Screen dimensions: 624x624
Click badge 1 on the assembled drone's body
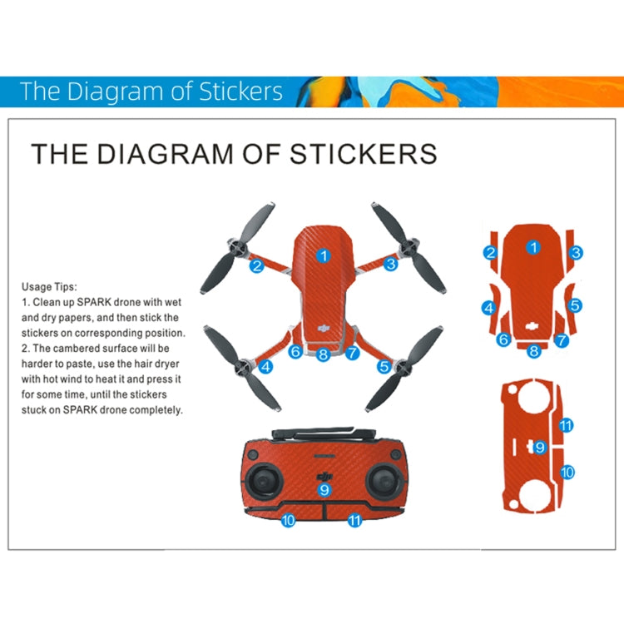point(324,256)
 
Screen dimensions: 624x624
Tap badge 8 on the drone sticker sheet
point(533,351)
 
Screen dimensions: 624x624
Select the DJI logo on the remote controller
point(324,477)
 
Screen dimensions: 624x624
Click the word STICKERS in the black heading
point(364,154)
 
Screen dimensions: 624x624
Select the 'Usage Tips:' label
point(49,287)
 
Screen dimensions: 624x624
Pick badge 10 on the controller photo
point(288,520)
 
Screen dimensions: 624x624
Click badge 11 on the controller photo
point(354,520)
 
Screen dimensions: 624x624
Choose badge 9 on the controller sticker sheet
point(539,448)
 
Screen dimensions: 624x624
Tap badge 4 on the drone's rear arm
point(266,367)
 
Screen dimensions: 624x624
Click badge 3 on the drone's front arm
point(391,264)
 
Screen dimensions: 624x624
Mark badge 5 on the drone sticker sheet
point(575,305)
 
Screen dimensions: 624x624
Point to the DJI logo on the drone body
point(324,328)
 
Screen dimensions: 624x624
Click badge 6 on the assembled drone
point(295,351)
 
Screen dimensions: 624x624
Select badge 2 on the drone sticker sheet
point(491,253)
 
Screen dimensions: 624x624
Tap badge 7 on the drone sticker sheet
point(561,340)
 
